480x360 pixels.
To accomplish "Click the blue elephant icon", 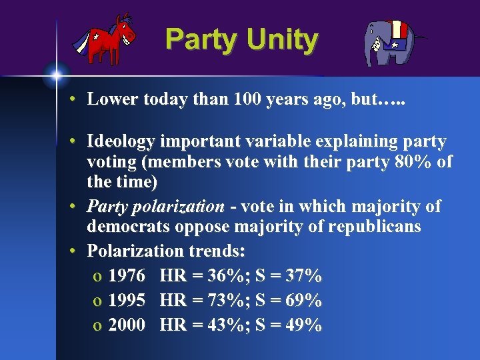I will pos(391,41).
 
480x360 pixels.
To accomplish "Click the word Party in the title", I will pos(201,39).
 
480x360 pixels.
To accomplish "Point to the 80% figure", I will pos(413,161).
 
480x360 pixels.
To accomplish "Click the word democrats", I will pos(129,227).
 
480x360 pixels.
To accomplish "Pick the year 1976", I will pos(127,275).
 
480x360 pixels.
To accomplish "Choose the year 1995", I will pos(127,300).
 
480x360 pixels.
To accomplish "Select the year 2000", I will pos(127,325).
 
